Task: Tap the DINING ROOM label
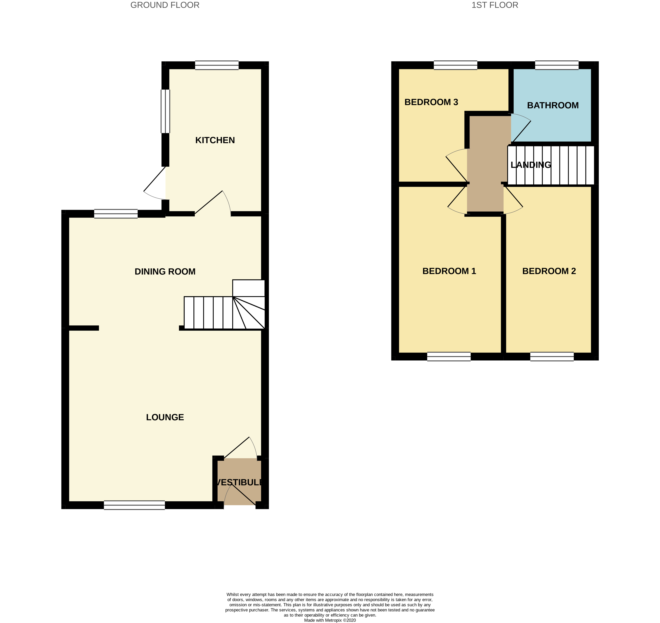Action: pos(165,272)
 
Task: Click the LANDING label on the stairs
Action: pos(531,165)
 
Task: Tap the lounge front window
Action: pos(134,505)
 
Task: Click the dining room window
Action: pos(116,214)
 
